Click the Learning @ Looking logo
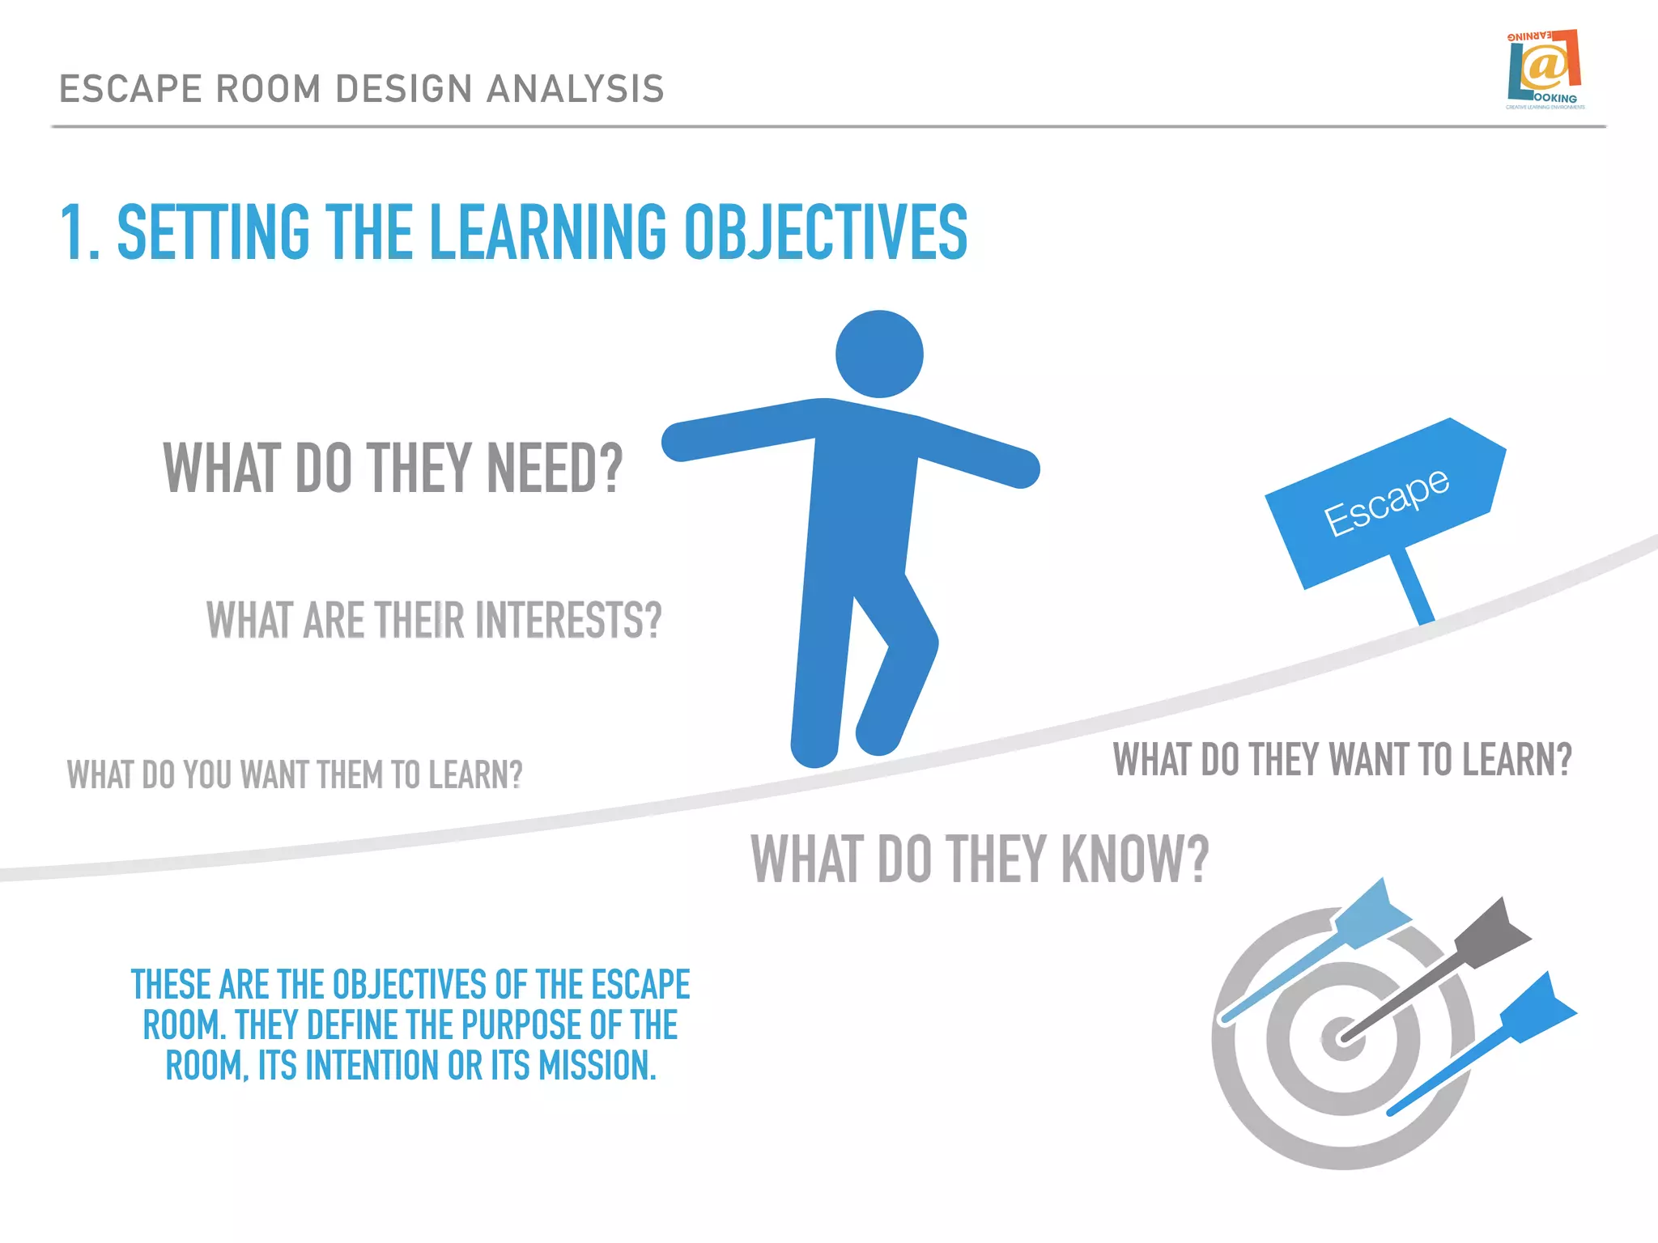1545,70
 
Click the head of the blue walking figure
879,354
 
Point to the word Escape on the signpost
1386,502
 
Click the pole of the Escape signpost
1414,588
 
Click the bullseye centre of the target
1342,1037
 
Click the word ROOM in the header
270,89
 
